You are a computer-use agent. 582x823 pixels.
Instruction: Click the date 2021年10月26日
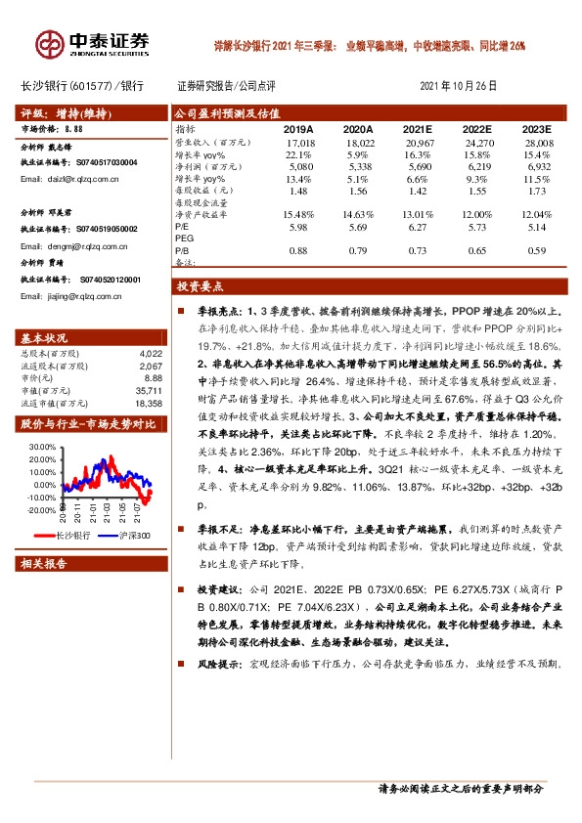(458, 86)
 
